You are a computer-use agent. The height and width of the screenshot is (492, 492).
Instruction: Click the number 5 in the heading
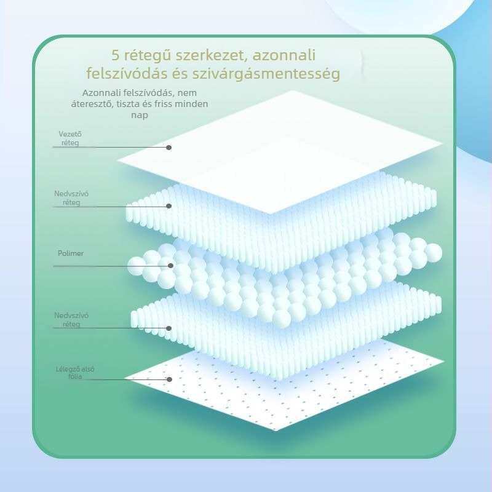pos(116,55)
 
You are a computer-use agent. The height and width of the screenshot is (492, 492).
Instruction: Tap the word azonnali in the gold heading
pos(284,55)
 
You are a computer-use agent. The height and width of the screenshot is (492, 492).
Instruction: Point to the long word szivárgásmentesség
pos(266,74)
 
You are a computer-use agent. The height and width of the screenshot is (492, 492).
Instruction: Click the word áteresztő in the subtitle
pos(92,104)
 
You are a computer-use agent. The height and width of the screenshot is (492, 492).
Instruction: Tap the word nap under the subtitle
pos(140,115)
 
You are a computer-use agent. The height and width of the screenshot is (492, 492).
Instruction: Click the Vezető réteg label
pos(70,138)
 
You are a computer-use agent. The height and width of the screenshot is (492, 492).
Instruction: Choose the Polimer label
pos(71,253)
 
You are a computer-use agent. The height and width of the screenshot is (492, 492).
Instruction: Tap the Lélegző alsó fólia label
pos(75,373)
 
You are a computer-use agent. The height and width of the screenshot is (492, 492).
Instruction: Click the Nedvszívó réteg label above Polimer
pos(71,198)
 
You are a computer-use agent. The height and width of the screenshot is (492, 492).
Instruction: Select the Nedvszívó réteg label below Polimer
pos(71,320)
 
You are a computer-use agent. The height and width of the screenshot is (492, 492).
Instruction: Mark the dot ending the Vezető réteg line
pos(169,148)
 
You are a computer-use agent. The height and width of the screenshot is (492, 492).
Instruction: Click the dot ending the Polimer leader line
pos(171,266)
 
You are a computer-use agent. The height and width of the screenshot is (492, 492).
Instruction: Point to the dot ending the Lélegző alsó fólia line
pos(170,379)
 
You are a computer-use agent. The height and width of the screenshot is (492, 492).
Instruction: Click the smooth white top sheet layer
pos(279,152)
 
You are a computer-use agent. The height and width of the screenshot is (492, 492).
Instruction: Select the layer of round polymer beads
pos(284,276)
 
